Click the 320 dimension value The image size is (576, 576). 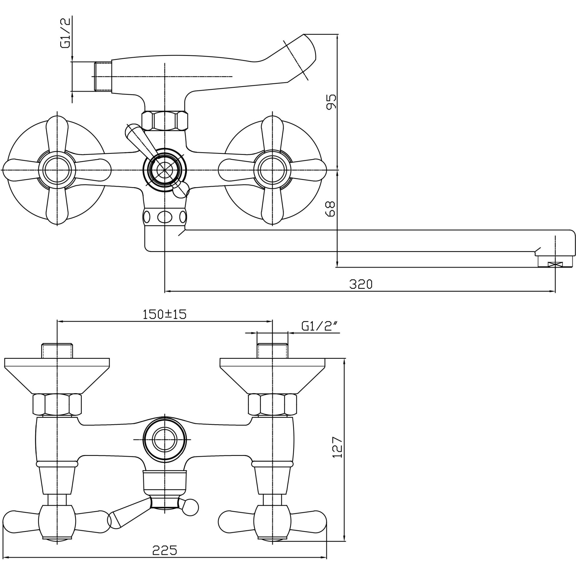(x=361, y=284)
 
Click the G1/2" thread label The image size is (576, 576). (x=321, y=327)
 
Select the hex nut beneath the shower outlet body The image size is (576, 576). (x=165, y=120)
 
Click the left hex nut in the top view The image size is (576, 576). (x=57, y=404)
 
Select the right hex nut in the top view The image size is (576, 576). (x=272, y=404)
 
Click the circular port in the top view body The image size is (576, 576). (x=165, y=440)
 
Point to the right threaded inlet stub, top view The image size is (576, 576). (x=272, y=351)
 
